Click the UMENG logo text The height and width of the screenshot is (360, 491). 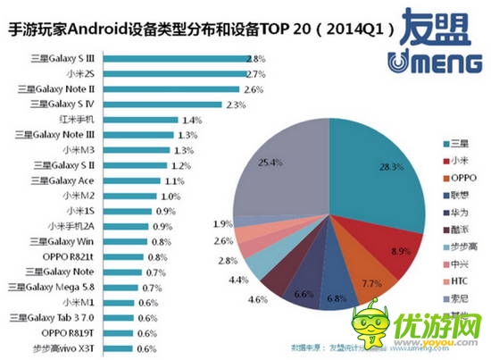coord(429,63)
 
